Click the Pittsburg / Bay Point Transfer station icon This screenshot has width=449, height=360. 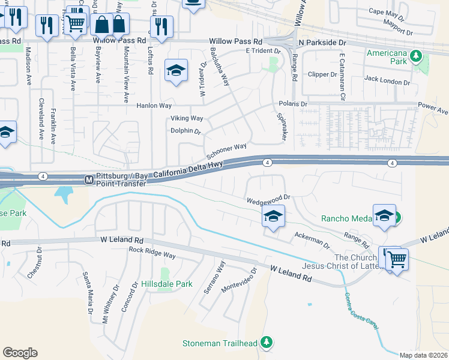point(88,179)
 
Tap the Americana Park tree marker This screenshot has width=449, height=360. point(415,57)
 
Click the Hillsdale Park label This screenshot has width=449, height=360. point(167,283)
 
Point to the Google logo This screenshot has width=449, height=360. point(20,353)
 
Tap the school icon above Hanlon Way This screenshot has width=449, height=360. point(176,71)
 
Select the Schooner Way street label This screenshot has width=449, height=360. point(227,147)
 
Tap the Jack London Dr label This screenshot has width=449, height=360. point(387,80)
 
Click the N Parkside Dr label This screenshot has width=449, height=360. point(319,43)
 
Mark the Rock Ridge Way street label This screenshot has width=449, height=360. point(152,253)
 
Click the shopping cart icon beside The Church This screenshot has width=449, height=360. point(396,259)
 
